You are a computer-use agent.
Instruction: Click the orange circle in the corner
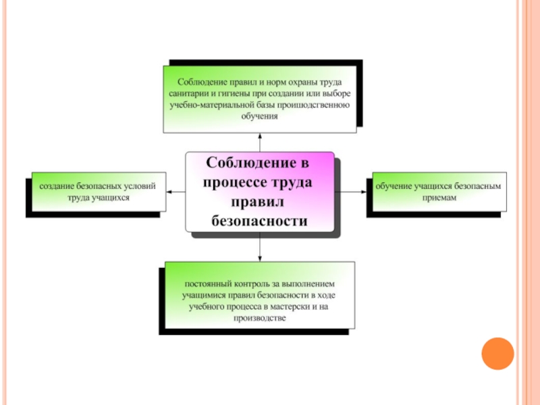[497, 353]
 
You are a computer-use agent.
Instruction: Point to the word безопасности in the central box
[259, 221]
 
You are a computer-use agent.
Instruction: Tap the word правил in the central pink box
[259, 202]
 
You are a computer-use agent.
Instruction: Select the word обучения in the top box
[259, 115]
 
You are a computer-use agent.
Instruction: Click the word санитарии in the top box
[190, 94]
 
